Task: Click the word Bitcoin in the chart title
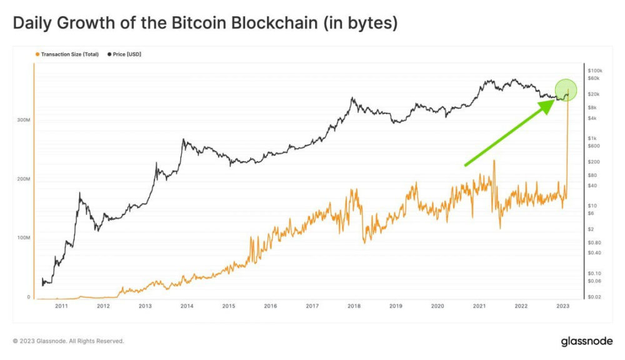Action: click(198, 24)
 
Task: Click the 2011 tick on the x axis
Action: click(61, 306)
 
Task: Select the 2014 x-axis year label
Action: click(187, 306)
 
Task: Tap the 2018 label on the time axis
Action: click(354, 306)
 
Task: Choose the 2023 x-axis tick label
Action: click(562, 306)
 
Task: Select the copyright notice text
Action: click(69, 341)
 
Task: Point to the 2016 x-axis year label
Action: click(271, 306)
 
